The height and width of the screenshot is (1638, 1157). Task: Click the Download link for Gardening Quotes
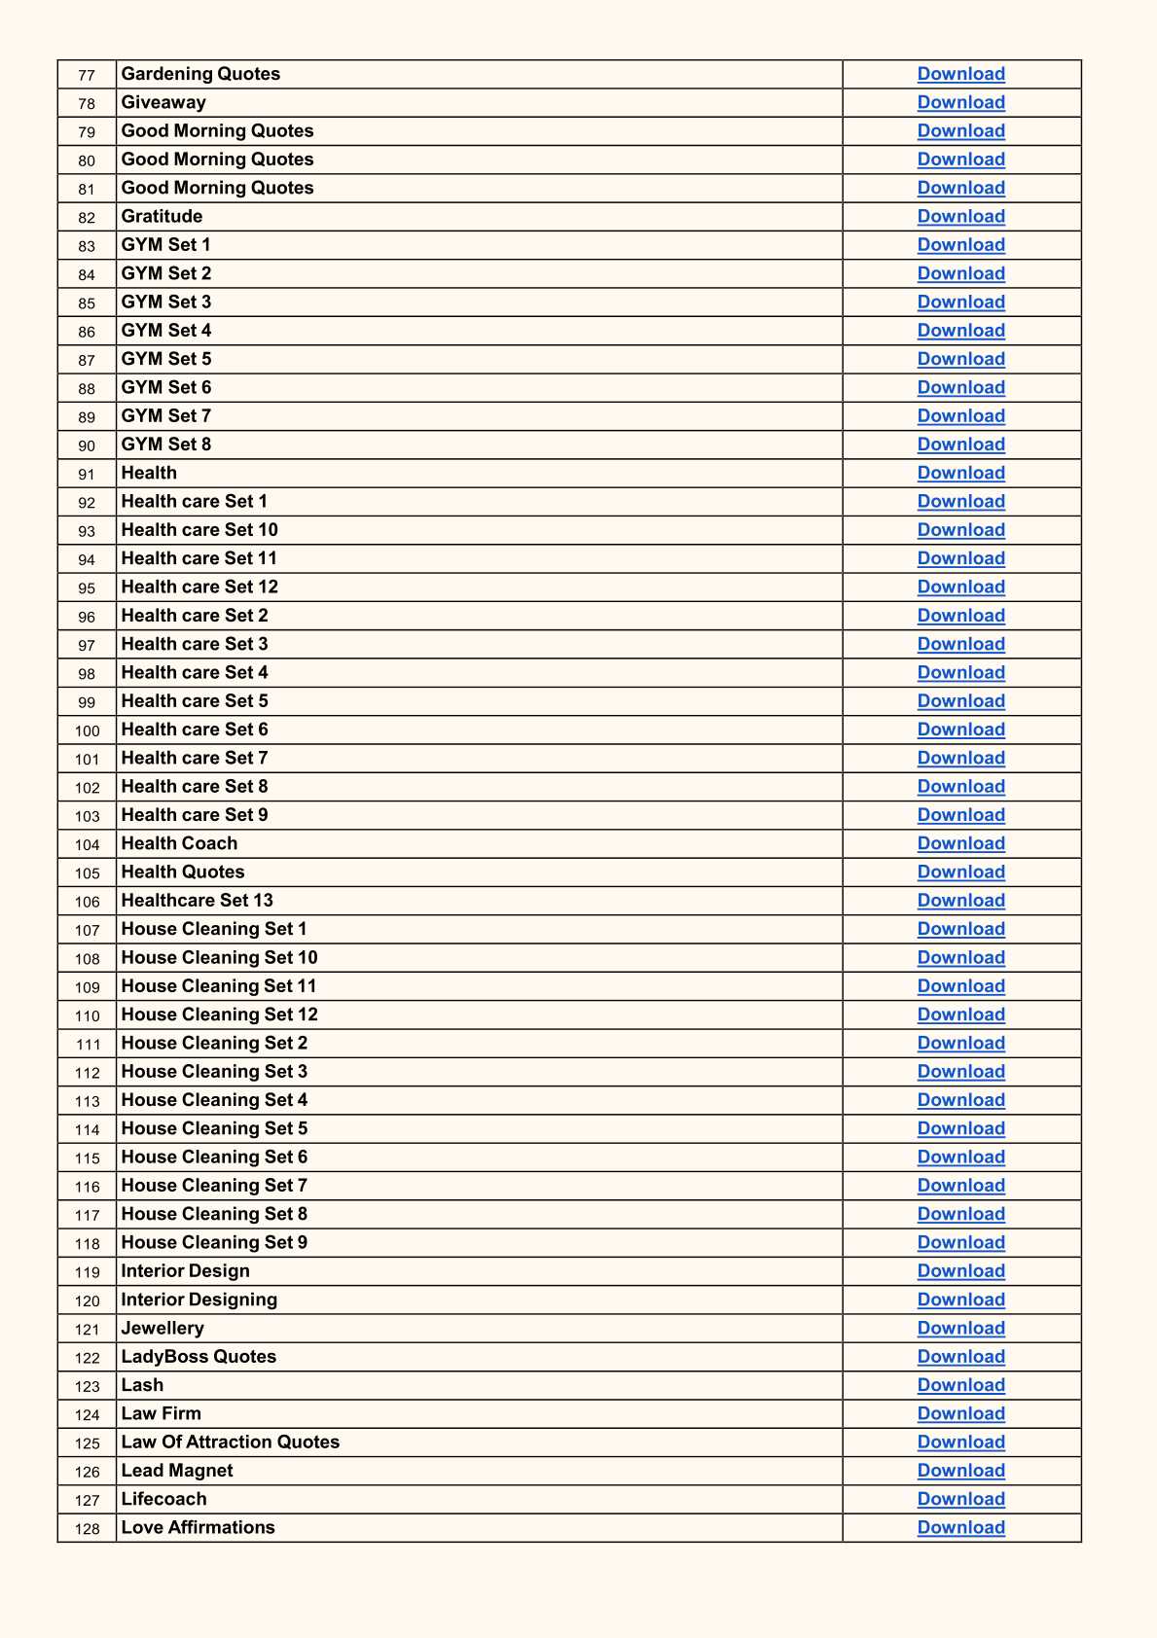point(960,74)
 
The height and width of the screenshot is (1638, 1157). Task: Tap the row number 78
point(87,103)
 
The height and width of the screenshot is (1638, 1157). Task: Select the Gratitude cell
point(162,216)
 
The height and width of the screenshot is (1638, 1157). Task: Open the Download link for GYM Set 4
point(960,331)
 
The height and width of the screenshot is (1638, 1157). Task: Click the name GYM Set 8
point(165,445)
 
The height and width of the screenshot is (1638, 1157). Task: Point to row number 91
point(87,474)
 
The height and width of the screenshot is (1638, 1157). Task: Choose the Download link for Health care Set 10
point(960,530)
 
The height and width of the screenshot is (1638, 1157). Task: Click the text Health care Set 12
point(199,587)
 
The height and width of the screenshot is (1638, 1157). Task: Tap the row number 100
point(87,730)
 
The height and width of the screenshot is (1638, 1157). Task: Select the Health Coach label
point(179,843)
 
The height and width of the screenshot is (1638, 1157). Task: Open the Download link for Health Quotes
point(960,872)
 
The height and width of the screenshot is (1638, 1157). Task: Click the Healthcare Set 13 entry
point(197,901)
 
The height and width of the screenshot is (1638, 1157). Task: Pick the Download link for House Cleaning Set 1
point(960,929)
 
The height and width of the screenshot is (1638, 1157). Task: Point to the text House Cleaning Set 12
point(219,1015)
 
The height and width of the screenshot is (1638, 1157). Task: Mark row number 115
point(87,1157)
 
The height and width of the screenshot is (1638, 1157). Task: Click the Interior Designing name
point(199,1300)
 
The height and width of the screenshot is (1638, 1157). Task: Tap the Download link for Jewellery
point(960,1329)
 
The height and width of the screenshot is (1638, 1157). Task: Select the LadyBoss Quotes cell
point(199,1357)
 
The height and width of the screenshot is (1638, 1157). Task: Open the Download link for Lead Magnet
point(960,1471)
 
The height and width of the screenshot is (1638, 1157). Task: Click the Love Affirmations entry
point(198,1527)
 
